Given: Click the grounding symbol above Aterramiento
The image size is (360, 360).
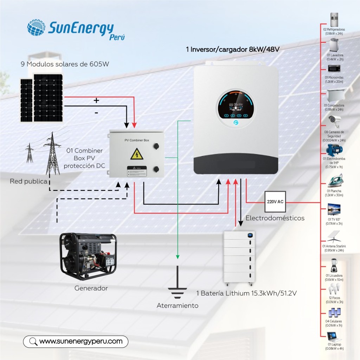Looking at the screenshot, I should [x=177, y=285].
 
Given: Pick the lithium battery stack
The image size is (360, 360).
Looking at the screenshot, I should [x=241, y=258].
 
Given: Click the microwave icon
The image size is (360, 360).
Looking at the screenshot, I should [x=334, y=69].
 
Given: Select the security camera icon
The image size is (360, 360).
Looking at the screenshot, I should [x=334, y=122].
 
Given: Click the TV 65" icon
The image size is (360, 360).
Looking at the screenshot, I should [x=334, y=209].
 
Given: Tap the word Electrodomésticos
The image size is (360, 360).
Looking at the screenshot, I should [x=275, y=218].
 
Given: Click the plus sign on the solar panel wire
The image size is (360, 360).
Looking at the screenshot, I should [x=96, y=101].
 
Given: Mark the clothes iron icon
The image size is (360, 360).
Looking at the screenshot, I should [x=334, y=181].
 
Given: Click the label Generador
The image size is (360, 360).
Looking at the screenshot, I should [x=91, y=288].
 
